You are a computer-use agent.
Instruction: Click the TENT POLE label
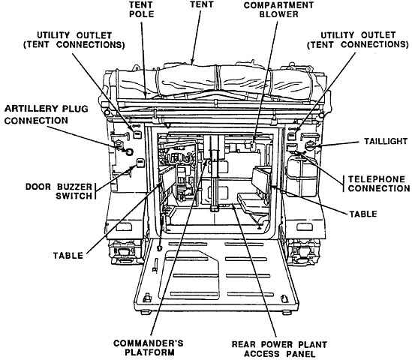[141, 10]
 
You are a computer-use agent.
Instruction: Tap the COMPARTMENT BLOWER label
[278, 10]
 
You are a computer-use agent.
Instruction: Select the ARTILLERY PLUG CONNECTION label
[47, 115]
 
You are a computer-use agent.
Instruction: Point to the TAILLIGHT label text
[386, 141]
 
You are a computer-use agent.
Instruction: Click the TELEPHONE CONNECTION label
[379, 184]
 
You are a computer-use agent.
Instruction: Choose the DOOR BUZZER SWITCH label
[59, 191]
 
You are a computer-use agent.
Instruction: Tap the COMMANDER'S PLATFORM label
[149, 348]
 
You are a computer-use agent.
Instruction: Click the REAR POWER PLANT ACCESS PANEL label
[279, 349]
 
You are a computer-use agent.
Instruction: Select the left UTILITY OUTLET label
[74, 40]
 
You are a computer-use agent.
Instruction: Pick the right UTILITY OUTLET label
[358, 40]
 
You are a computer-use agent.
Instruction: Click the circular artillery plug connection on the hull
[129, 151]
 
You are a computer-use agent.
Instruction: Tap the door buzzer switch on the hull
[140, 163]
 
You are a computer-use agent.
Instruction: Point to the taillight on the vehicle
[310, 145]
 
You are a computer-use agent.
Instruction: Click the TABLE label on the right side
[363, 214]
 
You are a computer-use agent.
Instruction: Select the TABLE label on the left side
[68, 256]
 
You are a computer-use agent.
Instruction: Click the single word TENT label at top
[202, 4]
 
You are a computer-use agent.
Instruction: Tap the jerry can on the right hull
[302, 175]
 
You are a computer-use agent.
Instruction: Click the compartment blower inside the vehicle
[252, 145]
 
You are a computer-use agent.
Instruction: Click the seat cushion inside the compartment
[251, 202]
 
